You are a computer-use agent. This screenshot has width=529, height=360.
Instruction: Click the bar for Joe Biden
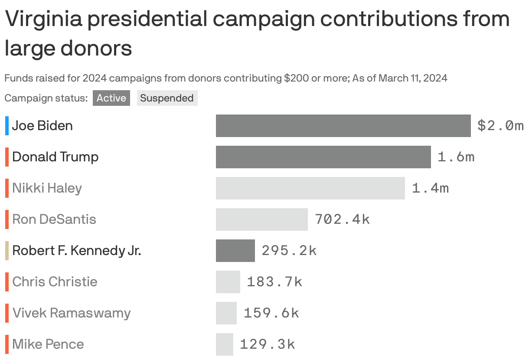[x=343, y=126]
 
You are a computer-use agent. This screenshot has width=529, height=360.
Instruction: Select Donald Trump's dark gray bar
[x=323, y=157]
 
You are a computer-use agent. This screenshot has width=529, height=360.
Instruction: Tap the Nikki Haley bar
[x=310, y=188]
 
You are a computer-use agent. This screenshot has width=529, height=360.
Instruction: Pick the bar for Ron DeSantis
[x=261, y=219]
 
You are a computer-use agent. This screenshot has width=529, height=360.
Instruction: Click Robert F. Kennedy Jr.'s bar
[x=235, y=251]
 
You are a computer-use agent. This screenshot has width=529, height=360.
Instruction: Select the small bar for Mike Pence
[x=224, y=344]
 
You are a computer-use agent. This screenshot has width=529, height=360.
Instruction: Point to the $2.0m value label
[x=500, y=126]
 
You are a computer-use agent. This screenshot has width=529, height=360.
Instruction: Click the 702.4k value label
[x=342, y=219]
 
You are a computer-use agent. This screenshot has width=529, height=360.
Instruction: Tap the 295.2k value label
[x=289, y=251]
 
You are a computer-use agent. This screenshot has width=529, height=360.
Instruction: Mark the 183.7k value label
[x=274, y=282]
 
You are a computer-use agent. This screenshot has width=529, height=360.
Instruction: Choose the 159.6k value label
[x=271, y=313]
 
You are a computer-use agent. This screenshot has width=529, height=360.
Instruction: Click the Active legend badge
[x=111, y=98]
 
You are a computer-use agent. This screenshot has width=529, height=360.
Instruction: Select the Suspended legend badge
[x=167, y=98]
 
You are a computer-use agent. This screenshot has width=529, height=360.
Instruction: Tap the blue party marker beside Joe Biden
[x=7, y=126]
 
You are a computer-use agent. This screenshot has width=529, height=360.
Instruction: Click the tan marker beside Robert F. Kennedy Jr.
[x=7, y=251]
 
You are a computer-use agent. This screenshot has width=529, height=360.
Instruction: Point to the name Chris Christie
[x=55, y=282]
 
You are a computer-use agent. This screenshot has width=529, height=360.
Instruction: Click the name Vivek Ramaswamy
[x=71, y=313]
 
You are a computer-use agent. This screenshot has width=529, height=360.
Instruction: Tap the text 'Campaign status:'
[x=46, y=98]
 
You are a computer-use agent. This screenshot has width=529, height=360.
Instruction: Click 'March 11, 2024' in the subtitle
[x=413, y=78]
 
